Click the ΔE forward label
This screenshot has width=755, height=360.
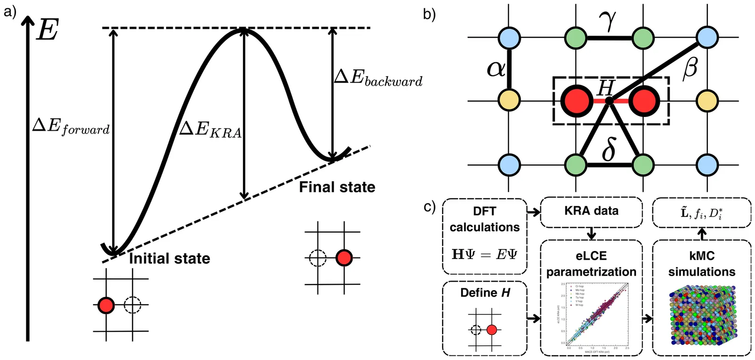coord(71,126)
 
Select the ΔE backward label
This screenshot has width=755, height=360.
coord(378,78)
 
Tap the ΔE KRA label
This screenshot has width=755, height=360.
coord(210,130)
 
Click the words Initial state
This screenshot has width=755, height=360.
coord(169,259)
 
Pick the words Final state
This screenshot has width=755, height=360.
coord(337,187)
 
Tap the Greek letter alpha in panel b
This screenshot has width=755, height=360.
coord(496,69)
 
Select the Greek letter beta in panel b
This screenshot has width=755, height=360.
coord(690,68)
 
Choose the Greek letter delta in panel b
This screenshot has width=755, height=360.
coord(609,150)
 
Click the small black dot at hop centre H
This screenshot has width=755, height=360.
coord(609,100)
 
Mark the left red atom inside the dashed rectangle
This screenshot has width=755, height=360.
coord(577,100)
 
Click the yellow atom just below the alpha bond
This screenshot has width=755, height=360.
coord(509,100)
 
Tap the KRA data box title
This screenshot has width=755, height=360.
coord(591,211)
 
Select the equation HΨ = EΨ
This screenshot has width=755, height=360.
coord(484,254)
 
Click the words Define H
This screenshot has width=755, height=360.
coord(485,293)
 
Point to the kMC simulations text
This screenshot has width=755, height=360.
coord(702,264)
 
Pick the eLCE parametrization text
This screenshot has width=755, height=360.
coord(591,264)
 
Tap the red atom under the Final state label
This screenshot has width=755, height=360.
coord(344,258)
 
